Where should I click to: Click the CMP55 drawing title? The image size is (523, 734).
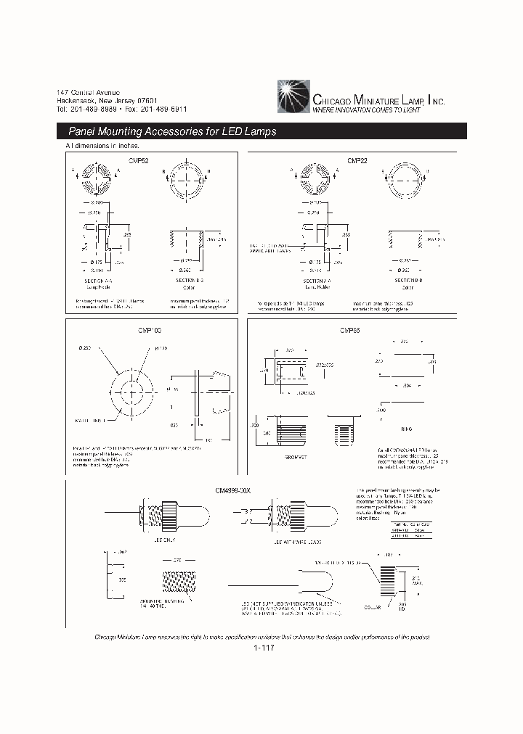click(x=349, y=330)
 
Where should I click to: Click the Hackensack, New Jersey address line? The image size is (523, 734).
click(x=107, y=100)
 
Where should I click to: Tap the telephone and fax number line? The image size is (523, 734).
click(x=121, y=109)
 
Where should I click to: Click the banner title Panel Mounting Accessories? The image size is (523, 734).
click(x=172, y=132)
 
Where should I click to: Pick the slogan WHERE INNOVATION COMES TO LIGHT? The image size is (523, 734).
click(x=366, y=110)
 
